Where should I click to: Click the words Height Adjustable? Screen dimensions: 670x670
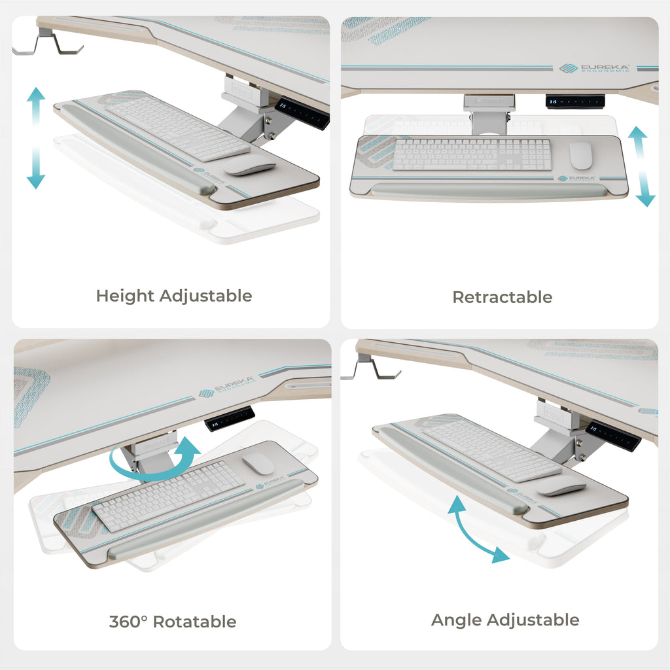[173, 296]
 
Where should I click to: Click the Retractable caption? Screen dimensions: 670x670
[502, 297]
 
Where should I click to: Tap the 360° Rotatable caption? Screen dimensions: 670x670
[172, 621]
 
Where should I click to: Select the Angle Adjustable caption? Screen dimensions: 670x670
[504, 620]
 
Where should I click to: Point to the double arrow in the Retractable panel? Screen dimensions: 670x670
[641, 166]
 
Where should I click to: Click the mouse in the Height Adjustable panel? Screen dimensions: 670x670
[249, 165]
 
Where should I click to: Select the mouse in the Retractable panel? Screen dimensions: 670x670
[580, 155]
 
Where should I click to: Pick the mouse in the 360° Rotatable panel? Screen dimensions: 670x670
[258, 464]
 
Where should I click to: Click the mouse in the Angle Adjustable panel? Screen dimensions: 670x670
[561, 485]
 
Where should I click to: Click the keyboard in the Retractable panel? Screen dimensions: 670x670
[472, 154]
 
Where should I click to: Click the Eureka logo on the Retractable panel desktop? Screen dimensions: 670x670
[595, 68]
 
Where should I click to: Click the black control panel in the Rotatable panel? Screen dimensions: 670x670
[230, 418]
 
